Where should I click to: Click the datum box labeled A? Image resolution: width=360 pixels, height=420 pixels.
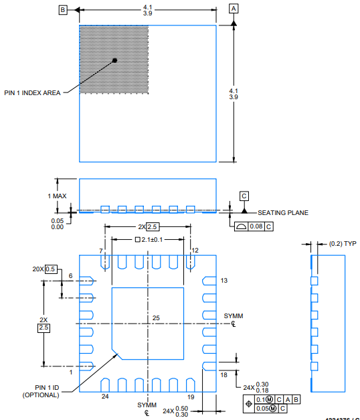(x=234, y=9)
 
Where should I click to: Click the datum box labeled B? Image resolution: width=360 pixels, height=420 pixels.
(x=63, y=9)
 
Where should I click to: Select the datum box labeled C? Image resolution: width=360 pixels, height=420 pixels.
(x=244, y=196)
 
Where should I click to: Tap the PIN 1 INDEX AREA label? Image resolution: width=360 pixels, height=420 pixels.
(x=33, y=93)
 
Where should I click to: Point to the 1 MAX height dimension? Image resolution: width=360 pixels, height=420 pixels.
(x=57, y=196)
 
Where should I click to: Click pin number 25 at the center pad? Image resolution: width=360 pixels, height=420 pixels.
(x=156, y=318)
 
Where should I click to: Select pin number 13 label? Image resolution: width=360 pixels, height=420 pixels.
(x=224, y=280)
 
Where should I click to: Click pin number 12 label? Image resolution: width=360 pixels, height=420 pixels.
(x=195, y=251)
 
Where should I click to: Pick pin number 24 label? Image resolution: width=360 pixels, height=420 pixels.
(x=105, y=397)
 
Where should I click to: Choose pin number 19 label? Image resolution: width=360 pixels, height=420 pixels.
(x=191, y=397)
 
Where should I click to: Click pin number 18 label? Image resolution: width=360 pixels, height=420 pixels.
(x=224, y=374)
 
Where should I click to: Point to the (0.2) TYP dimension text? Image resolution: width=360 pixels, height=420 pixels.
(x=343, y=244)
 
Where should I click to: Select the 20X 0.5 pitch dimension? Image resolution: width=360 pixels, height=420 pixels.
(x=45, y=269)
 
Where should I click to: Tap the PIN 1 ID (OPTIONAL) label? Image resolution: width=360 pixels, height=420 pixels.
(x=41, y=391)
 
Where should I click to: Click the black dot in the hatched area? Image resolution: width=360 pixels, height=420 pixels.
(x=115, y=60)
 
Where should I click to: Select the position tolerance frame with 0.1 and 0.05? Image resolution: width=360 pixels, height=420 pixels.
(x=272, y=403)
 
